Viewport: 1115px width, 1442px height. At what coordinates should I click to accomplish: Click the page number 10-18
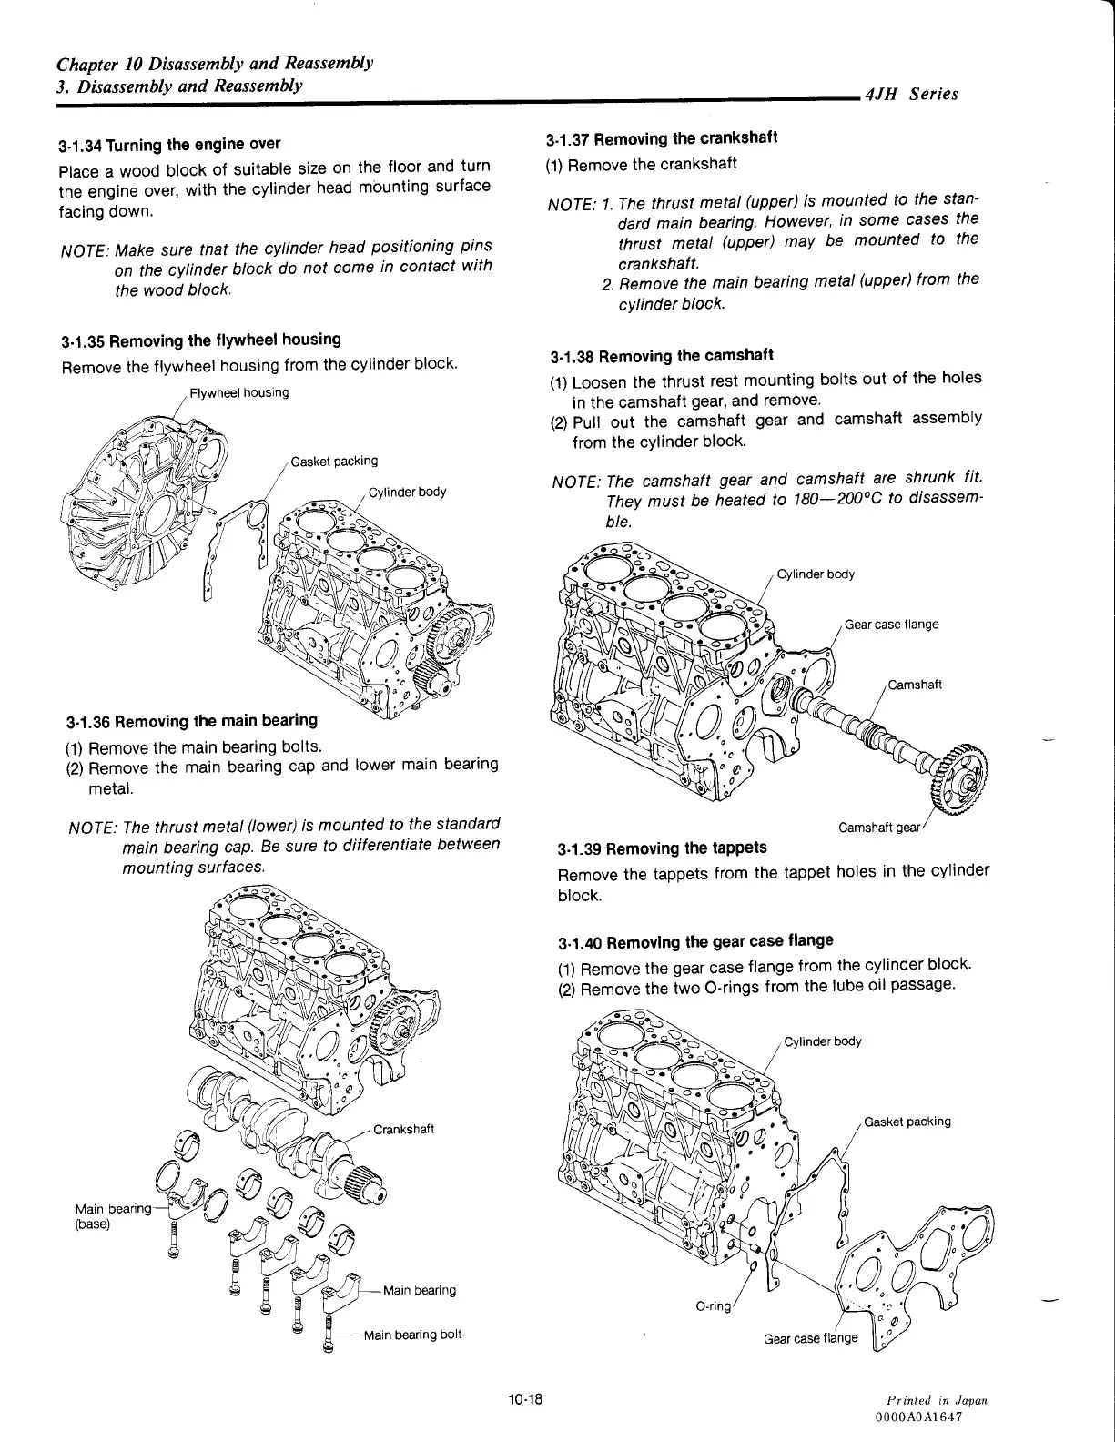point(526,1397)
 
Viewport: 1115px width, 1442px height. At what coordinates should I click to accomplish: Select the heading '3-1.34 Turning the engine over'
point(169,145)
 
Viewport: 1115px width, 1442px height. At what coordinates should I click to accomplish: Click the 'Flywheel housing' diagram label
point(239,392)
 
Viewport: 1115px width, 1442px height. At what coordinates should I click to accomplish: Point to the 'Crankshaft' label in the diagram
point(403,1130)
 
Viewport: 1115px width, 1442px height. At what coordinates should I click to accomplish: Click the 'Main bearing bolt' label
point(412,1335)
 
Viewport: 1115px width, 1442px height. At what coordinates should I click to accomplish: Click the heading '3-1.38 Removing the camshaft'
point(663,356)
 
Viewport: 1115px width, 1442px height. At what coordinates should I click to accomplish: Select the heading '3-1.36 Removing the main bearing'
point(192,722)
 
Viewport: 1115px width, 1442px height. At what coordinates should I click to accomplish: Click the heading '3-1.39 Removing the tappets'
point(662,848)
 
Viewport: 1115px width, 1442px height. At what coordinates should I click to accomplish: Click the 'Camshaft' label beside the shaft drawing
point(915,685)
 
